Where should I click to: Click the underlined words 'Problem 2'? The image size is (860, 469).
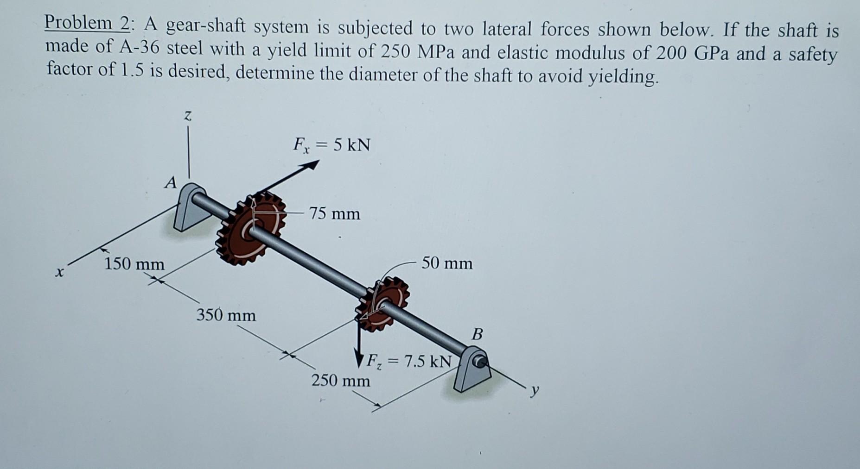coord(87,23)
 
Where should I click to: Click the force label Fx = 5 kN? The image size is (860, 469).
coord(332,145)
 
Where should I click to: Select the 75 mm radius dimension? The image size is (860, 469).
coord(335,214)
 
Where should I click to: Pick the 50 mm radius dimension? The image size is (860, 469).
coord(447,263)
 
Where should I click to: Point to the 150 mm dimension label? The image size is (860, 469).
coord(134,264)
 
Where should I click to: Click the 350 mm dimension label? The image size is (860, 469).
coord(226,316)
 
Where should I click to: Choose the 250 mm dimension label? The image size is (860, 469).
coord(340,381)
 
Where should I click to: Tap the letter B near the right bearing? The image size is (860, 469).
coord(478,333)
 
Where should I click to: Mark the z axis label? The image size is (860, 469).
coord(187,116)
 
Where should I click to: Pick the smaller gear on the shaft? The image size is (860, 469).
coord(383,304)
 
